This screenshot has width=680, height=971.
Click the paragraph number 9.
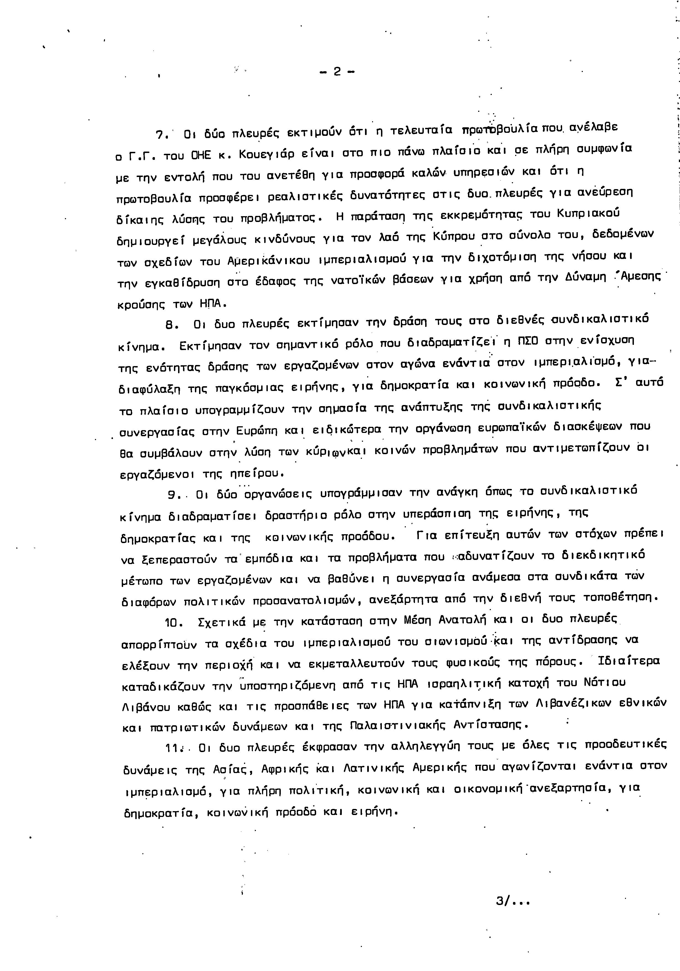tap(173, 494)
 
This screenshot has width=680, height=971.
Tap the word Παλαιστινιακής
tap(398, 725)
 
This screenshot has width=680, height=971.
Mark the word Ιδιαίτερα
tap(629, 661)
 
